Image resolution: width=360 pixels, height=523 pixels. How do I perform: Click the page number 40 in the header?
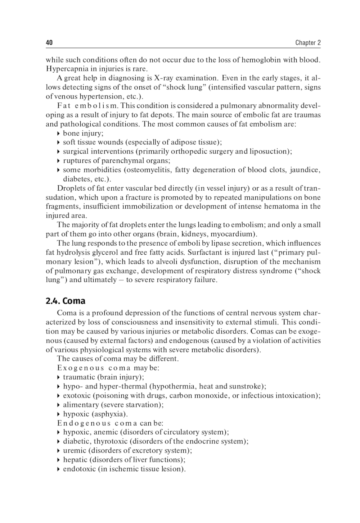pyautogui.click(x=49, y=43)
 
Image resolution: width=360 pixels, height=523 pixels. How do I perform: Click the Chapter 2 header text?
pyautogui.click(x=308, y=43)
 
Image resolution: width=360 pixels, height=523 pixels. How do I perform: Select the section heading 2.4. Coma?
pyautogui.click(x=66, y=301)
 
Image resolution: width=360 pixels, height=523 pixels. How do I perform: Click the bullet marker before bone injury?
pyautogui.click(x=59, y=133)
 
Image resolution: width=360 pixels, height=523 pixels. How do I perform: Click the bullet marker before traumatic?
pyautogui.click(x=59, y=377)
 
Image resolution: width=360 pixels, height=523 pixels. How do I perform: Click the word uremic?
pyautogui.click(x=75, y=451)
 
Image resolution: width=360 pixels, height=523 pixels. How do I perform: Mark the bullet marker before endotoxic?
pyautogui.click(x=59, y=469)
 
